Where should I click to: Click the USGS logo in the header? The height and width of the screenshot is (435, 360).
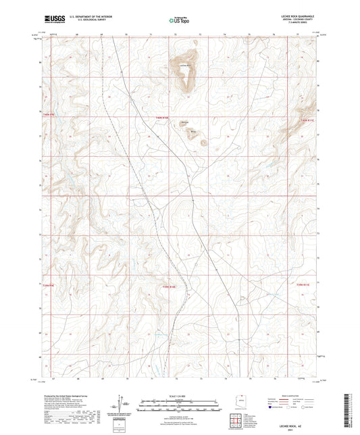tap(53, 18)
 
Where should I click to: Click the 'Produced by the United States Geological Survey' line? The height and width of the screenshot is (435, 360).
tap(66, 394)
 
